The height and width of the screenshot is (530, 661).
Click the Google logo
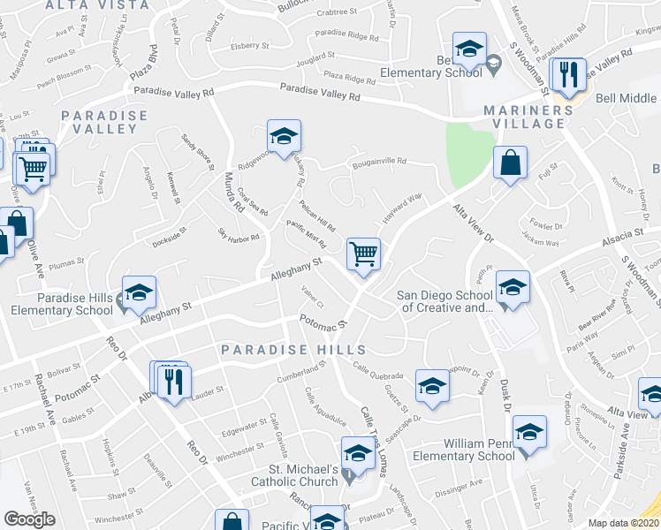(29, 519)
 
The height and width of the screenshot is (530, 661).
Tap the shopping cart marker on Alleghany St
(363, 254)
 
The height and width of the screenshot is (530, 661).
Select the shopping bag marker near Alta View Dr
(511, 163)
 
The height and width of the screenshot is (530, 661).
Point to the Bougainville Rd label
(378, 162)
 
